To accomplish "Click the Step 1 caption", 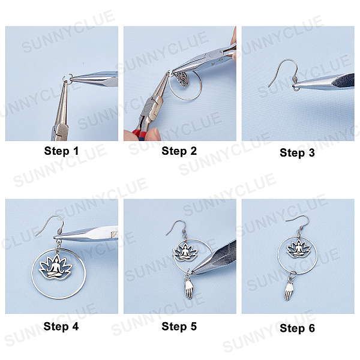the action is point(61,151).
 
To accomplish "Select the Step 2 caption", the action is point(179,151).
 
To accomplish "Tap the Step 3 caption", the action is point(297,152).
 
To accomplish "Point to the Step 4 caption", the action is point(61,326).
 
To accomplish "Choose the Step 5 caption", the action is point(179,326).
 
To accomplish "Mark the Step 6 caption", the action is point(297,328).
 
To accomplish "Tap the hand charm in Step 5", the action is point(189,288).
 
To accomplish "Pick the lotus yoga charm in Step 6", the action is point(298,249).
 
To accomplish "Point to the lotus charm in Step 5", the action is point(185,253).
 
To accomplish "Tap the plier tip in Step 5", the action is point(193,271).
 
